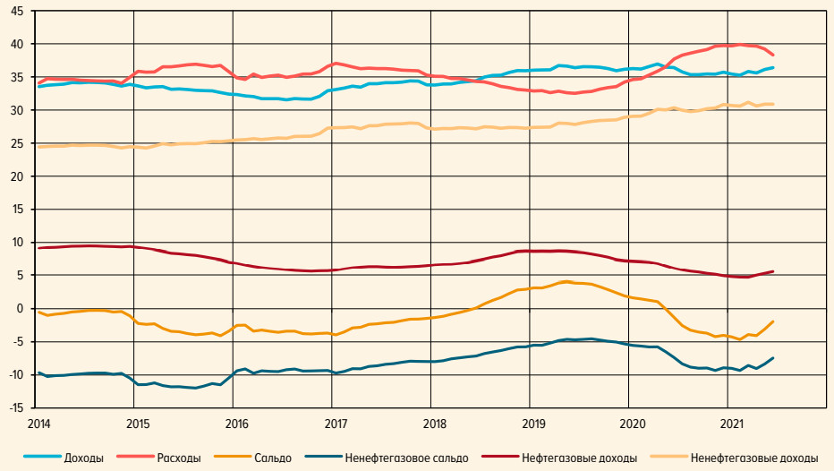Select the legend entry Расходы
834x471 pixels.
pos(179,458)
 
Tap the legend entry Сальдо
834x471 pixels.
pos(273,458)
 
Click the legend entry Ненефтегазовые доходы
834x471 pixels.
pos(754,458)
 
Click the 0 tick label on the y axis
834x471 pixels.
pos(22,309)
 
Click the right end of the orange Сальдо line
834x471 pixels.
pos(772,321)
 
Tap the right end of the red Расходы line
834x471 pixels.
pos(772,55)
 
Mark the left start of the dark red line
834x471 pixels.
pos(39,248)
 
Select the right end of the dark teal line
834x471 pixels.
pos(772,358)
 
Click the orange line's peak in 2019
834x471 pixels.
pos(566,282)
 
